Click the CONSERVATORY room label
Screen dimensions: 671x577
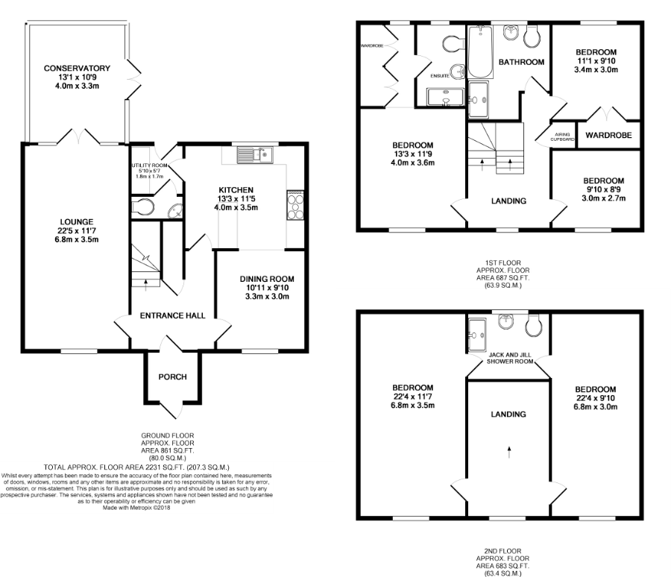tap(77, 68)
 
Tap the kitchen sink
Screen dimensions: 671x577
tap(255, 155)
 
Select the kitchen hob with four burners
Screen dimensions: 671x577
tap(295, 206)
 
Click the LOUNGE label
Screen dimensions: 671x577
tap(77, 221)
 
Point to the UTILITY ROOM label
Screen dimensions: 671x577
tap(149, 165)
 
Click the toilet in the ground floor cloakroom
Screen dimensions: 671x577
tap(142, 207)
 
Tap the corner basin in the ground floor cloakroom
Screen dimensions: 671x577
tap(175, 210)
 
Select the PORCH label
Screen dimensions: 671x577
tap(172, 376)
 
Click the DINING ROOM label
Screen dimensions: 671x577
tap(267, 279)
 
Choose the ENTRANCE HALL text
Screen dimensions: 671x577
tap(173, 315)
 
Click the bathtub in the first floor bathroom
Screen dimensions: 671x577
tap(481, 51)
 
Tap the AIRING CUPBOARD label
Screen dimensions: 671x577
tap(562, 137)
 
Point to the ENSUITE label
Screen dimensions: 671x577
tap(440, 76)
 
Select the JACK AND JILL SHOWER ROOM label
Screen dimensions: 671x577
tap(510, 359)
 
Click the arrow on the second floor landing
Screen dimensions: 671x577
tap(508, 453)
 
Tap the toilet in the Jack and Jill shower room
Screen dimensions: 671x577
tap(533, 326)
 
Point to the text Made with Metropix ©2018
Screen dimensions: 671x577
tap(136, 508)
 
